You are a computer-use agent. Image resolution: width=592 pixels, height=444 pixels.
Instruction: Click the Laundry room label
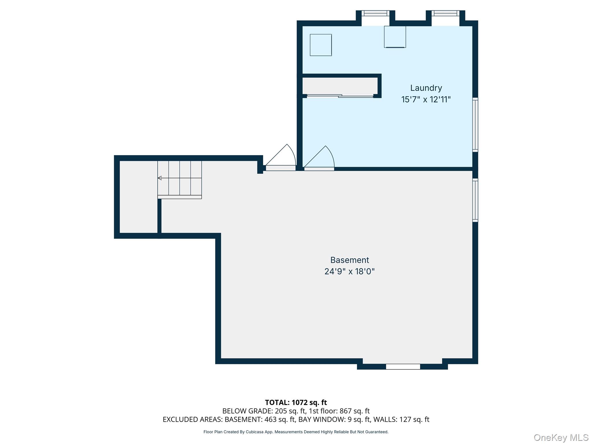pyautogui.click(x=426, y=88)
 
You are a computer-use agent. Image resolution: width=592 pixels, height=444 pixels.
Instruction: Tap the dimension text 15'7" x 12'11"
pyautogui.click(x=426, y=99)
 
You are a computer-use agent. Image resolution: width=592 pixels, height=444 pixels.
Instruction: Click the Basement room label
pyautogui.click(x=349, y=260)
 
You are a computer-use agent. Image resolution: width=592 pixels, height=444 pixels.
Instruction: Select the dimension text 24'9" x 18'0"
pyautogui.click(x=349, y=271)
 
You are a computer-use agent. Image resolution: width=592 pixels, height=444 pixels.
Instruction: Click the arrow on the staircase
pyautogui.click(x=160, y=178)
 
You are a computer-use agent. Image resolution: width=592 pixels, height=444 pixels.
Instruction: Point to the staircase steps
pyautogui.click(x=180, y=179)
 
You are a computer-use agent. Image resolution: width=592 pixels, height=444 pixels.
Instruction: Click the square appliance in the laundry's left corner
pyautogui.click(x=321, y=45)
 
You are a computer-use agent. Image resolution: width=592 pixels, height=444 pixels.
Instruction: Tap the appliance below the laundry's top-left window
pyautogui.click(x=395, y=37)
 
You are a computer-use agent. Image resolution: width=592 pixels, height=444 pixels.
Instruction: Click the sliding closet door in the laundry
pyautogui.click(x=340, y=96)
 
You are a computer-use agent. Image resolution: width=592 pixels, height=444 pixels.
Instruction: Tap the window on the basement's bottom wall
pyautogui.click(x=403, y=367)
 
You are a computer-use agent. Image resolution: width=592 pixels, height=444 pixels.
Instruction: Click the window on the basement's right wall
pyautogui.click(x=475, y=200)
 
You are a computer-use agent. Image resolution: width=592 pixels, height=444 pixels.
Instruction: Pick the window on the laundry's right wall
pyautogui.click(x=475, y=125)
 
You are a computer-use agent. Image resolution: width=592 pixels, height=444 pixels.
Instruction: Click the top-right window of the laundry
pyautogui.click(x=445, y=13)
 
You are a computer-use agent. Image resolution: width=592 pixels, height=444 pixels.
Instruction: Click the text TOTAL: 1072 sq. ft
pyautogui.click(x=296, y=402)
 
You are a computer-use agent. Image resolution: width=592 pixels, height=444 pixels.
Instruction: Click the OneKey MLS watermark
pyautogui.click(x=561, y=438)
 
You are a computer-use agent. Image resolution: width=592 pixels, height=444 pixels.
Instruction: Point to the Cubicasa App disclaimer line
pyautogui.click(x=296, y=432)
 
